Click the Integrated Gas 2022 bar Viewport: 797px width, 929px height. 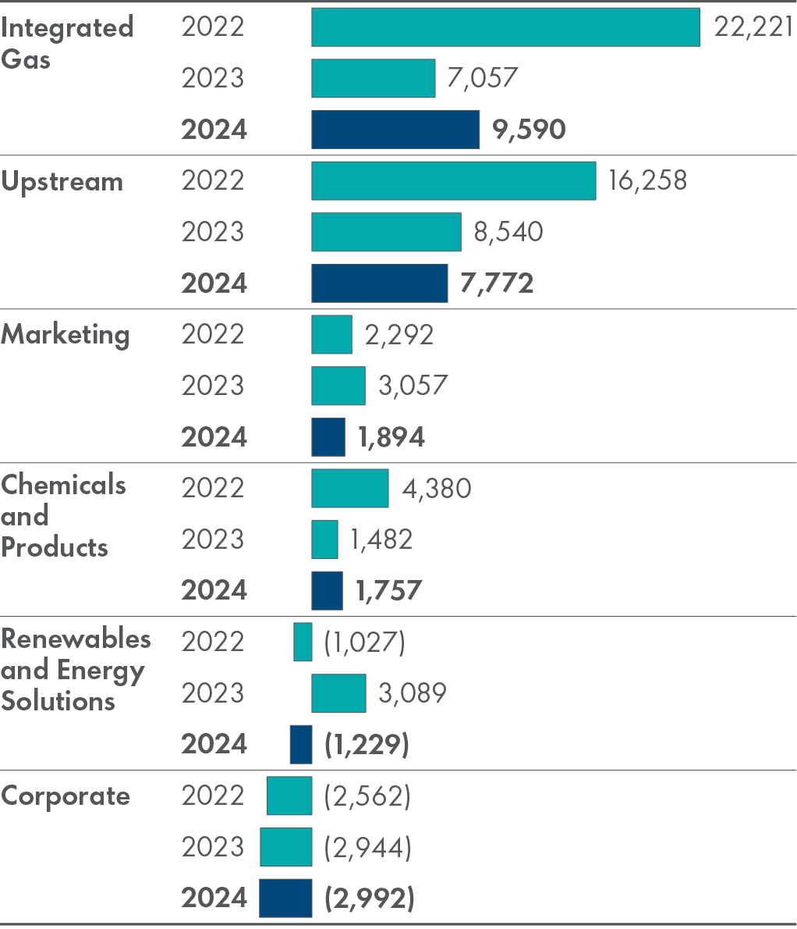pyautogui.click(x=505, y=27)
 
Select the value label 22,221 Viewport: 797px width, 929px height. pyautogui.click(x=753, y=27)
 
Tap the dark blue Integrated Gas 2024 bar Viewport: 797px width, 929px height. pyautogui.click(x=395, y=130)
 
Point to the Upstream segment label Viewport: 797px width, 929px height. pyautogui.click(x=62, y=182)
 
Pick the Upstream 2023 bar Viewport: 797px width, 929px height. pyautogui.click(x=386, y=232)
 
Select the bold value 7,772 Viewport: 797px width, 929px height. pyautogui.click(x=497, y=283)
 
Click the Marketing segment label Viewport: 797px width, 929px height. pyautogui.click(x=66, y=335)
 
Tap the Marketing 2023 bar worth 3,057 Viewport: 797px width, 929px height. pyautogui.click(x=338, y=386)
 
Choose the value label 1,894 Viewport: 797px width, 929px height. pyautogui.click(x=391, y=437)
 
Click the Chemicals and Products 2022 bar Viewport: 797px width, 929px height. pyautogui.click(x=350, y=489)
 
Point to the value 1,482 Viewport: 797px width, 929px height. pyautogui.click(x=381, y=539)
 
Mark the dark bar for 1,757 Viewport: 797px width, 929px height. pyautogui.click(x=327, y=590)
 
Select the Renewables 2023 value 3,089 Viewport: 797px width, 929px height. pyautogui.click(x=413, y=693)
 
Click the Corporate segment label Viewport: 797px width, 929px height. pyautogui.click(x=66, y=796)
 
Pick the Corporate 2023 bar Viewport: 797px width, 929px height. pyautogui.click(x=286, y=847)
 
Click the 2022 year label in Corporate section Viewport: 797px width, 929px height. pyautogui.click(x=213, y=796)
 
